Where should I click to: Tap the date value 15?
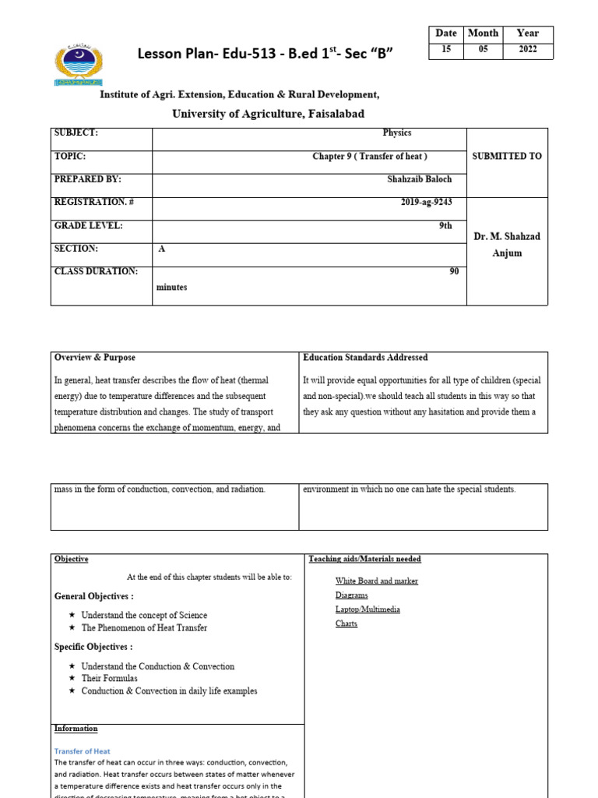pyautogui.click(x=446, y=51)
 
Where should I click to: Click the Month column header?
pyautogui.click(x=483, y=34)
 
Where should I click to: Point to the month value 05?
pyautogui.click(x=483, y=51)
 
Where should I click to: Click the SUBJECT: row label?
pyautogui.click(x=76, y=132)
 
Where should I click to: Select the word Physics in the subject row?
pyautogui.click(x=396, y=132)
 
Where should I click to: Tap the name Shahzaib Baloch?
pyautogui.click(x=419, y=179)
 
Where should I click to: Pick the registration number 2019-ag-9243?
pyautogui.click(x=427, y=203)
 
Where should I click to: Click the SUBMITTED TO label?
pyautogui.click(x=507, y=156)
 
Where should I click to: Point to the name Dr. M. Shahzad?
pyautogui.click(x=507, y=236)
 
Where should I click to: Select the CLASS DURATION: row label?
pyautogui.click(x=96, y=271)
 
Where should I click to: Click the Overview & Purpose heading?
pyautogui.click(x=94, y=357)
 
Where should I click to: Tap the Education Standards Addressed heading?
pyautogui.click(x=365, y=357)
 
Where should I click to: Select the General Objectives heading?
pyautogui.click(x=93, y=596)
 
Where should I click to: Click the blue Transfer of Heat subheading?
pyautogui.click(x=83, y=751)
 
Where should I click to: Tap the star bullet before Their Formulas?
pyautogui.click(x=72, y=679)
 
